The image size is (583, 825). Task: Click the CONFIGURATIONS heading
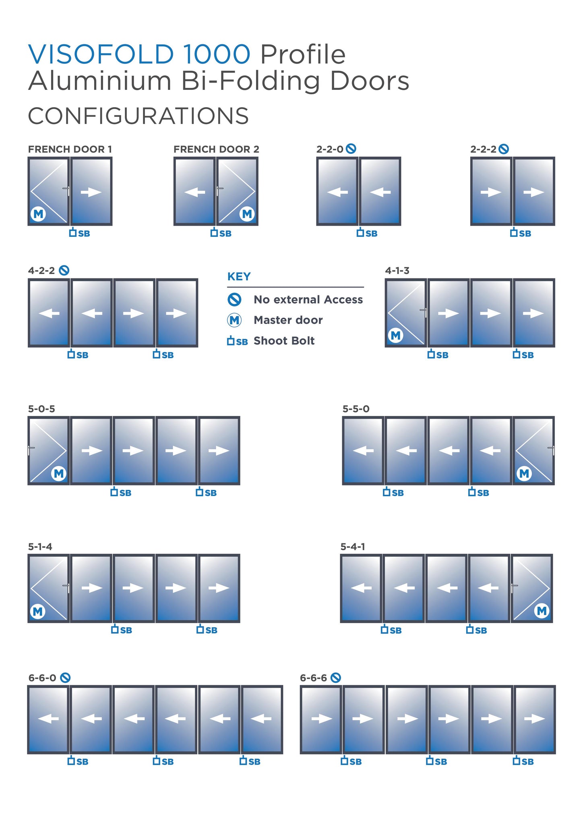pyautogui.click(x=139, y=116)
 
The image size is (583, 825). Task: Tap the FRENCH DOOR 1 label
pyautogui.click(x=70, y=149)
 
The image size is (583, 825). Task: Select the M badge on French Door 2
pyautogui.click(x=247, y=214)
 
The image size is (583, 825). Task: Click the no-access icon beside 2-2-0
pyautogui.click(x=351, y=149)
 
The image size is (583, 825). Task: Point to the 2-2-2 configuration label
pyautogui.click(x=484, y=149)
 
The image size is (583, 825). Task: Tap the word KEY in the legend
pyautogui.click(x=239, y=277)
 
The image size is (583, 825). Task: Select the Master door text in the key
pyautogui.click(x=288, y=320)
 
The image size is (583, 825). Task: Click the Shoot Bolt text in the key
pyautogui.click(x=284, y=341)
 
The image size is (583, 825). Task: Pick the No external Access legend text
pyautogui.click(x=308, y=299)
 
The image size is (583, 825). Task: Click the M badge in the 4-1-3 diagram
pyautogui.click(x=396, y=335)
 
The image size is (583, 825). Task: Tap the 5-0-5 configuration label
pyautogui.click(x=41, y=409)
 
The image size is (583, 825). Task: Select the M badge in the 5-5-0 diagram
pyautogui.click(x=524, y=473)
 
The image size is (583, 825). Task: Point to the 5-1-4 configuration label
pyautogui.click(x=40, y=547)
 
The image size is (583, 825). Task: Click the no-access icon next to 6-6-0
pyautogui.click(x=65, y=678)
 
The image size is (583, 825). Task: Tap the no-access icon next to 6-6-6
pyautogui.click(x=336, y=678)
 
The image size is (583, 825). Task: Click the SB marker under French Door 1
pyautogui.click(x=79, y=233)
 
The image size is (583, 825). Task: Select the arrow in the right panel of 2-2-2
pyautogui.click(x=533, y=192)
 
